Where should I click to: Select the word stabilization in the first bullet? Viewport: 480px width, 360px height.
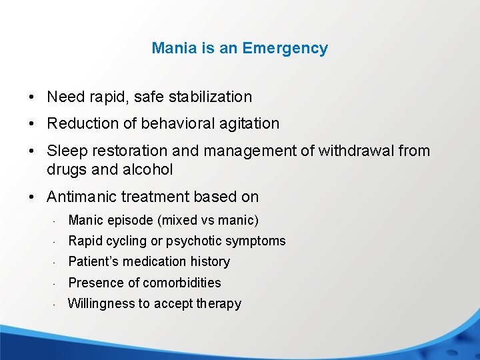pyautogui.click(x=210, y=97)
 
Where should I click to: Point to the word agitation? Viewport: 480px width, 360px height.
pyautogui.click(x=249, y=123)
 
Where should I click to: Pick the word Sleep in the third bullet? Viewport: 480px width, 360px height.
pyautogui.click(x=65, y=151)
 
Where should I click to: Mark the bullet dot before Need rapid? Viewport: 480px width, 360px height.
pyautogui.click(x=33, y=97)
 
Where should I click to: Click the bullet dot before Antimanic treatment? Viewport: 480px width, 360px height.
pyautogui.click(x=33, y=197)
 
